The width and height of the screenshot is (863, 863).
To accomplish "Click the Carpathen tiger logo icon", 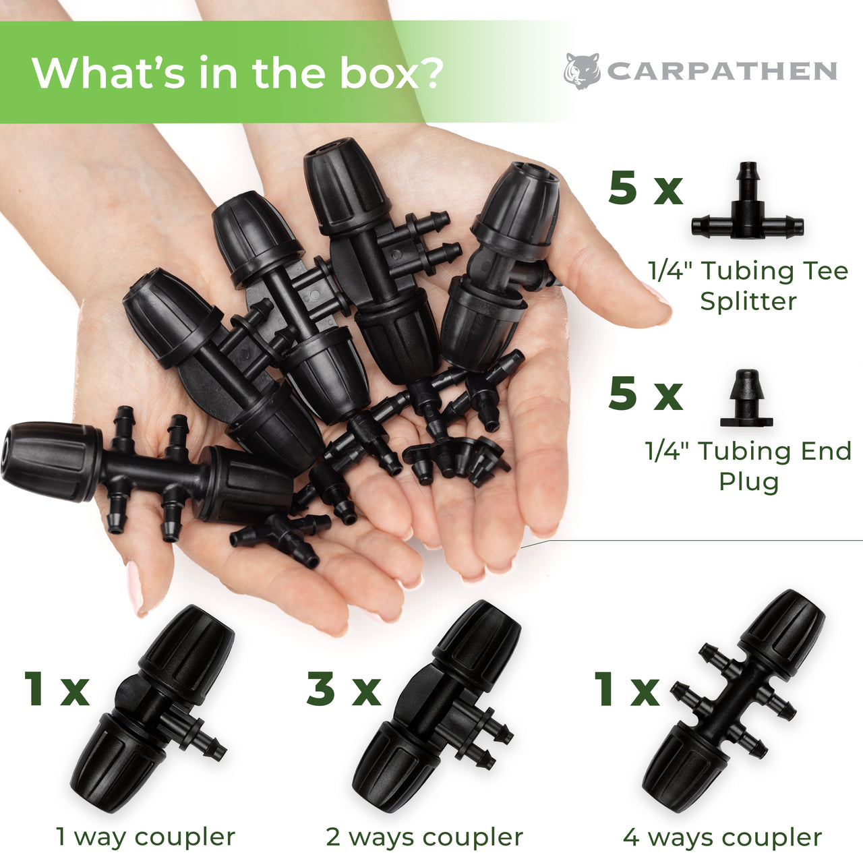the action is point(583,71).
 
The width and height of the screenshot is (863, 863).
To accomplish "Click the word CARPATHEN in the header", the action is point(722,71).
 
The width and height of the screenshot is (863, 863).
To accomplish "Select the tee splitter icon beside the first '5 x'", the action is point(748,200).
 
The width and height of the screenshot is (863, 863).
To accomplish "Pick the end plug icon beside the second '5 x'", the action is point(746,398).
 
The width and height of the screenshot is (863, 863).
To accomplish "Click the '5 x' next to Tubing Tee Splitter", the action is point(645,190).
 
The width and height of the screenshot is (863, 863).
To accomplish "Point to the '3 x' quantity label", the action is point(343,690).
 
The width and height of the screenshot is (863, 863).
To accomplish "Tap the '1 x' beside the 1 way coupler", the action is point(57,689).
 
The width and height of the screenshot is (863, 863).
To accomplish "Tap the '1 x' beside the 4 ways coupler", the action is point(626,690).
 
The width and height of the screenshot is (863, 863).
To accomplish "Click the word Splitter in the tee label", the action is point(748,301).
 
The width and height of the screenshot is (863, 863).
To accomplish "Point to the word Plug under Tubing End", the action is point(749,482).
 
